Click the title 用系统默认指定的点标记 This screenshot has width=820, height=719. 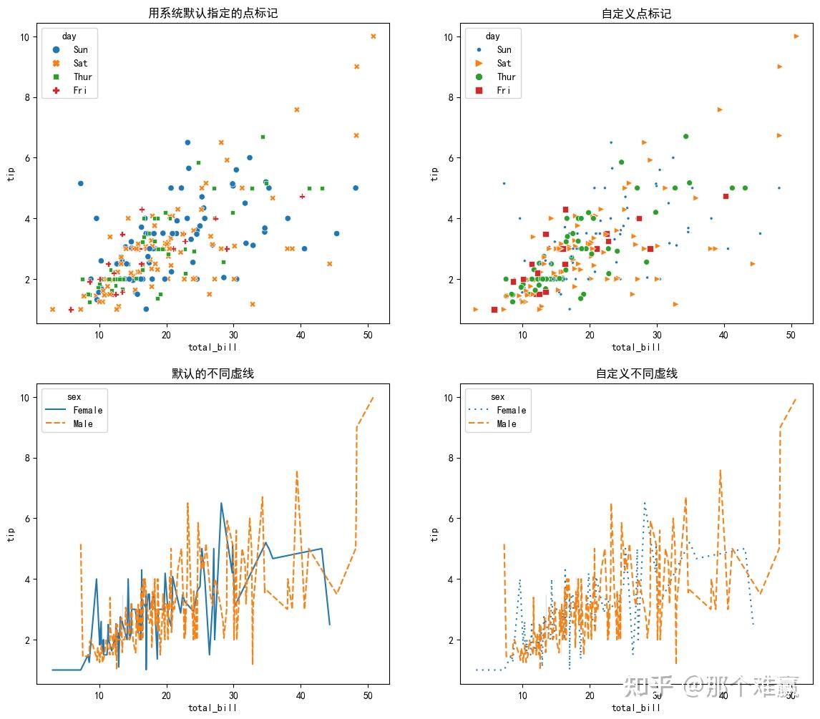[213, 14]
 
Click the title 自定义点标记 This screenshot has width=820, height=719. [636, 14]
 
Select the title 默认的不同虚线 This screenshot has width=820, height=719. [213, 373]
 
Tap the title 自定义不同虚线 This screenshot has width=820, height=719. [636, 373]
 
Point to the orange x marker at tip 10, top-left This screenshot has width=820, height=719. [373, 36]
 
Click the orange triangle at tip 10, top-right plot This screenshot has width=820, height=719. [796, 36]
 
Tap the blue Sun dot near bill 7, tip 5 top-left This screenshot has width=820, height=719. [80, 183]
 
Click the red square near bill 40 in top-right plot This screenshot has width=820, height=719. [726, 196]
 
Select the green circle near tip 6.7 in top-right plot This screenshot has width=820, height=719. [685, 136]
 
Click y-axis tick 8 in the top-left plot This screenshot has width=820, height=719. [24, 97]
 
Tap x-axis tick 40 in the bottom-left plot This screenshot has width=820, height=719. [301, 694]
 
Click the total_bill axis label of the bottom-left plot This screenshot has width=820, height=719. [213, 708]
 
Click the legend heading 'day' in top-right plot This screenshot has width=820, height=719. [492, 36]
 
